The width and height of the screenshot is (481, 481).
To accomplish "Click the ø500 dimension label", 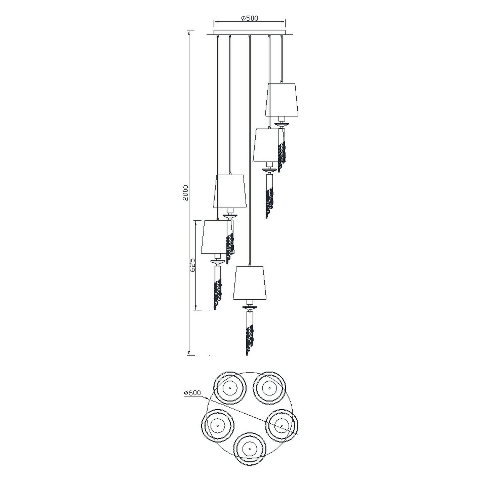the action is click(249, 18).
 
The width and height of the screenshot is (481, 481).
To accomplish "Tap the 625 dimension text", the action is click(193, 265).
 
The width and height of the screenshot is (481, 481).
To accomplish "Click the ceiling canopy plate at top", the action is click(249, 33).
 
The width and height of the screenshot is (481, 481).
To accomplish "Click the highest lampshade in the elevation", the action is click(282, 100).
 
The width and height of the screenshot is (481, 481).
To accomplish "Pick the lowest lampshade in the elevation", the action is click(249, 283).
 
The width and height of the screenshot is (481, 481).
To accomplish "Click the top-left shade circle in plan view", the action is click(230, 395).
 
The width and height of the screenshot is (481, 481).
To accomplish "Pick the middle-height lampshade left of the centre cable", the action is click(230, 191).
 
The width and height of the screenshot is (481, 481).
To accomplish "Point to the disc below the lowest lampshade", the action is click(250, 307).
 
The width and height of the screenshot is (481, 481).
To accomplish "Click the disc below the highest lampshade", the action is click(282, 124).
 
